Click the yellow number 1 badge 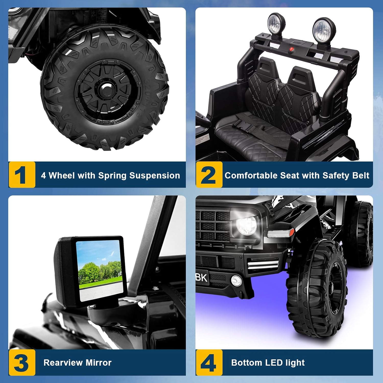coord(22,175)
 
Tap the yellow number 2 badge coord(209,175)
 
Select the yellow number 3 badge coord(22,362)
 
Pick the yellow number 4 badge coord(209,362)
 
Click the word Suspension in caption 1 coord(154,176)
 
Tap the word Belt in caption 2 coord(361,175)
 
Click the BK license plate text coord(201,278)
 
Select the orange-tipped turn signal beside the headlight coord(280,233)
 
